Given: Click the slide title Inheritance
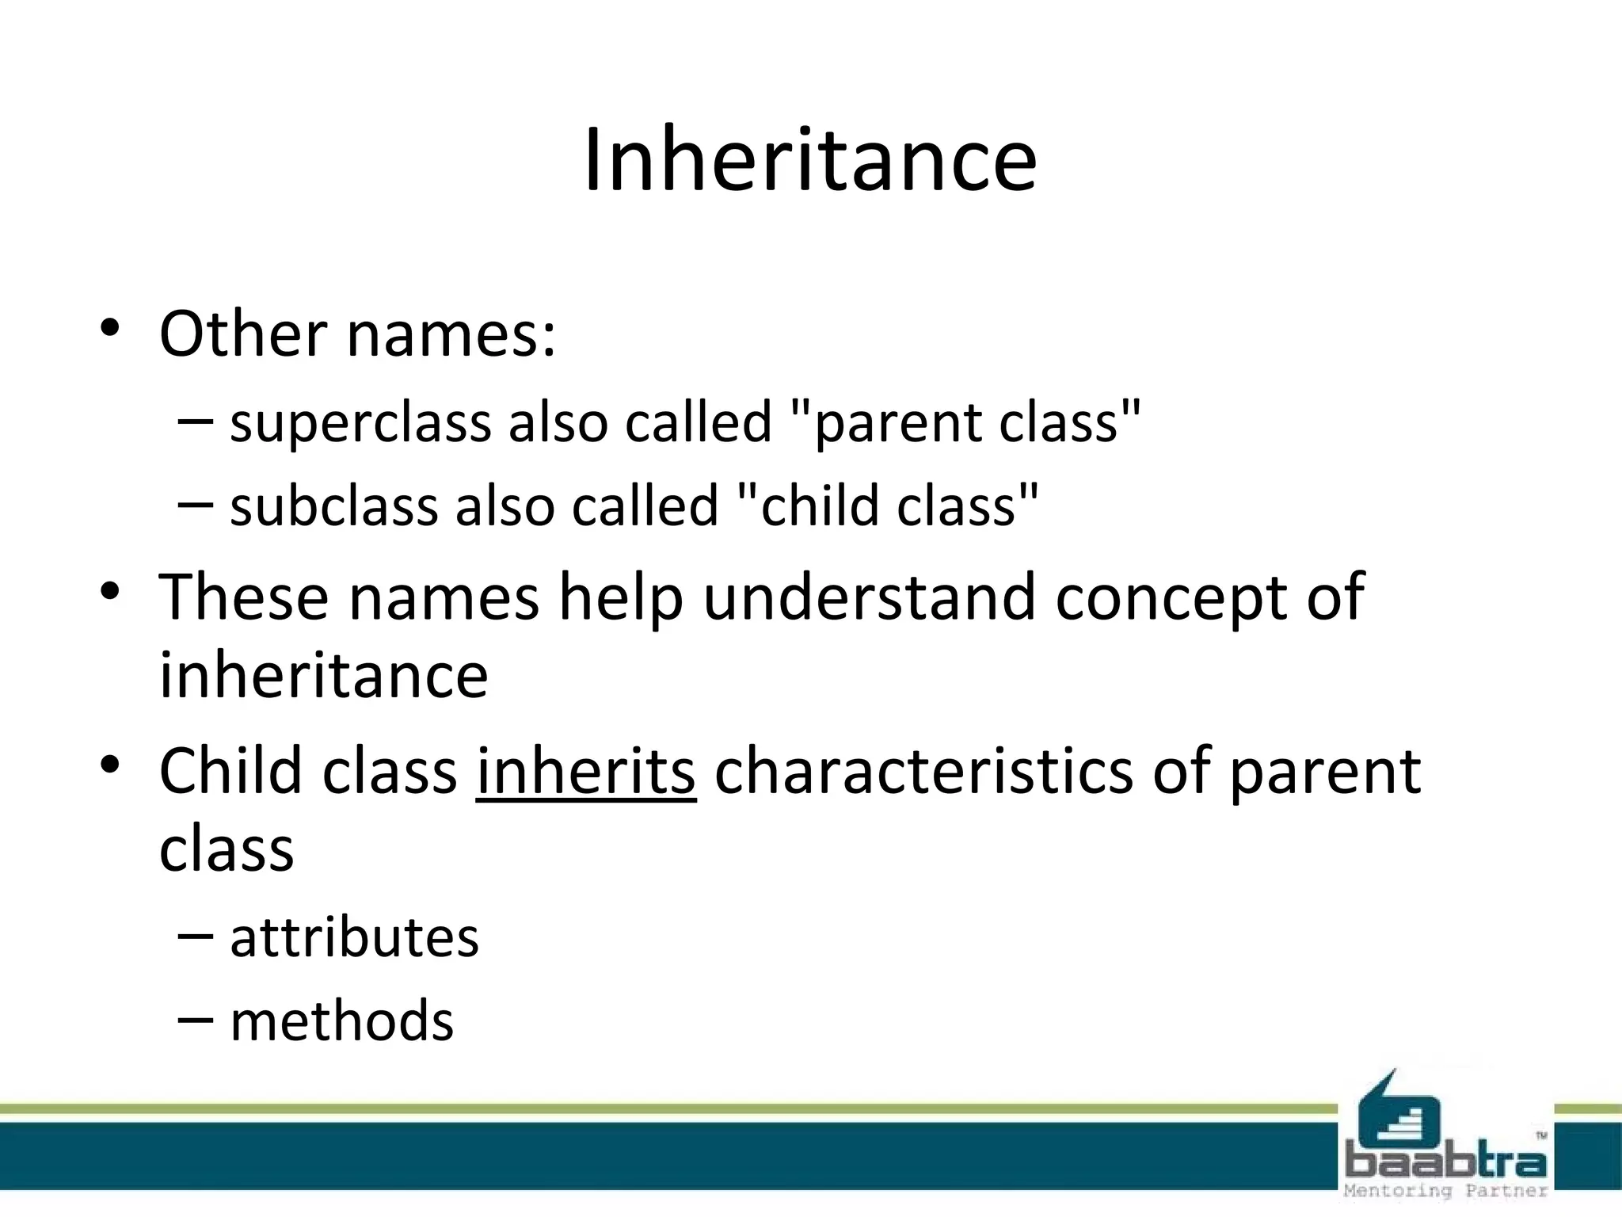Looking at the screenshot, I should coord(809,160).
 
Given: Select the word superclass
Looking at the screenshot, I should coord(360,423).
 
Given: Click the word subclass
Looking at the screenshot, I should coord(333,507).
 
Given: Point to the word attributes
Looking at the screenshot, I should coord(354,938).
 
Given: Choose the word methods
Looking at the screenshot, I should coord(341,1022).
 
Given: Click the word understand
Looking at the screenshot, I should coord(868,597).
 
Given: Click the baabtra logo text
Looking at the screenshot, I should coord(1445,1162).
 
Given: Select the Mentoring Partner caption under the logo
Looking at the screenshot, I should coord(1445,1191).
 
